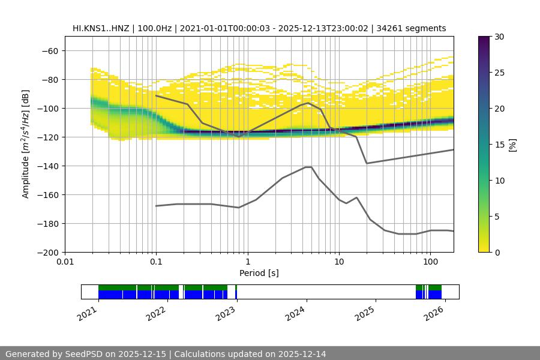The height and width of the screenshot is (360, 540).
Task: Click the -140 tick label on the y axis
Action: point(47,166)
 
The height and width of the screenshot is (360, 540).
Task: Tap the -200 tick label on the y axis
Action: point(47,253)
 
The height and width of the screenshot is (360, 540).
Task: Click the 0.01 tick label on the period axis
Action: point(65,262)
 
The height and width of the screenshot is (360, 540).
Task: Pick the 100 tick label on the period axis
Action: point(430,262)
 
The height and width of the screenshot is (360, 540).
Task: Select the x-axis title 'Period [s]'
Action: point(259,273)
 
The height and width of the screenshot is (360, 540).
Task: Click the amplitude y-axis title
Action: point(26,145)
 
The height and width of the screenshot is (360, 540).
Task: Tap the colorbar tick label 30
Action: point(499,37)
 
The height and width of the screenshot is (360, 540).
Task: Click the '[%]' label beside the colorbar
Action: point(512,145)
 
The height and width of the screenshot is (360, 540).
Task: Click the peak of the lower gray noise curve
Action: point(308,167)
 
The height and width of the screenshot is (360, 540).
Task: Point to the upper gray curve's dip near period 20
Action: point(367,163)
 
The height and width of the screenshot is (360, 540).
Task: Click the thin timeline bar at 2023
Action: point(236,292)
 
